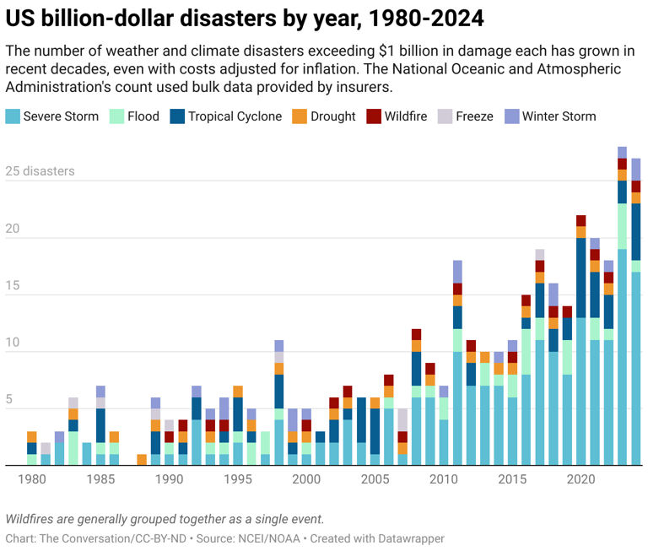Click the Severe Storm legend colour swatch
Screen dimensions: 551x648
13,116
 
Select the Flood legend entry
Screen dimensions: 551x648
143,116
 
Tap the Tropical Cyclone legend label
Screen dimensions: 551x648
235,116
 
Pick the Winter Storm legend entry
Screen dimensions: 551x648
559,116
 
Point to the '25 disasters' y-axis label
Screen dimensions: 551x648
40,171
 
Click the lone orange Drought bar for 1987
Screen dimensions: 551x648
142,460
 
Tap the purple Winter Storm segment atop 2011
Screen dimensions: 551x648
457,272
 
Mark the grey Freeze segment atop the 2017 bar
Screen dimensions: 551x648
540,254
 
